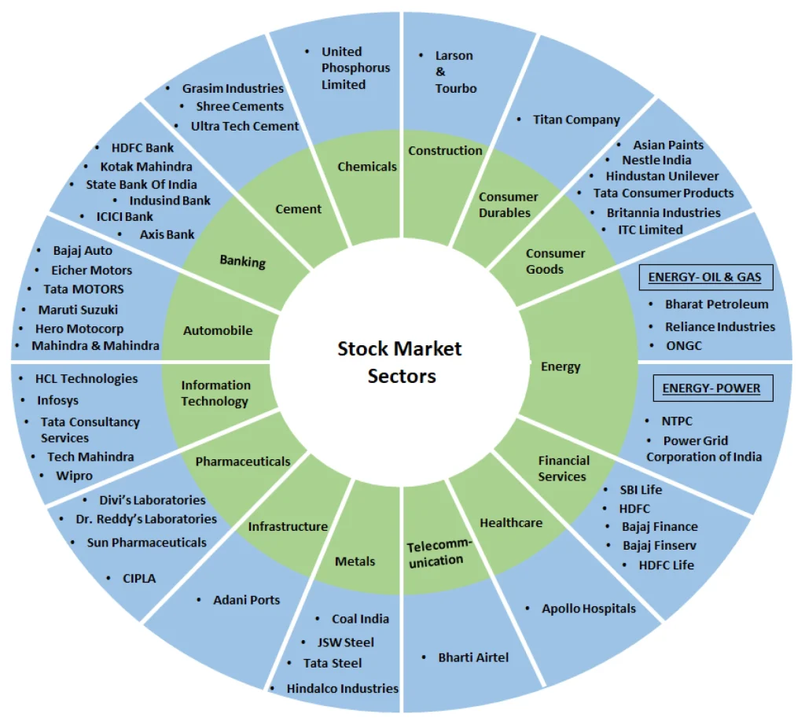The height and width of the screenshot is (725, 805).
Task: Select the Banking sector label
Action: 243,259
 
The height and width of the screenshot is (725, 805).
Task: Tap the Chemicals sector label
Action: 367,166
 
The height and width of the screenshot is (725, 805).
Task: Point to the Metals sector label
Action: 355,561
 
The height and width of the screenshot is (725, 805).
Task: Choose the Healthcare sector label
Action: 511,522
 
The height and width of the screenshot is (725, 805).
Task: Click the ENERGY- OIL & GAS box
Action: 705,277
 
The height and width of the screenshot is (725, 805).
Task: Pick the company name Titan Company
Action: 576,120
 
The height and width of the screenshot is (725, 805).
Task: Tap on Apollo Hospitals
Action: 589,608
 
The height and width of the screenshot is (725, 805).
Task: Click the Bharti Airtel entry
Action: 473,657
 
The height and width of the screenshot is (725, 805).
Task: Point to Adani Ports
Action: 246,600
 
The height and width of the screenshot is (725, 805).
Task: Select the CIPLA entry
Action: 139,578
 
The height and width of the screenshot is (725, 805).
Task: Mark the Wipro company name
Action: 74,476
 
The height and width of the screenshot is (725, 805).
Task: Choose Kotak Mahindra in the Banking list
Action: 145,166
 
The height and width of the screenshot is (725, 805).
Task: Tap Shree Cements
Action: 241,106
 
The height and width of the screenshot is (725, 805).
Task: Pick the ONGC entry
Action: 685,345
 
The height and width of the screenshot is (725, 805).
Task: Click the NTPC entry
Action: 676,421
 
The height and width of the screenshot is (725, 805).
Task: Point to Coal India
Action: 360,619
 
